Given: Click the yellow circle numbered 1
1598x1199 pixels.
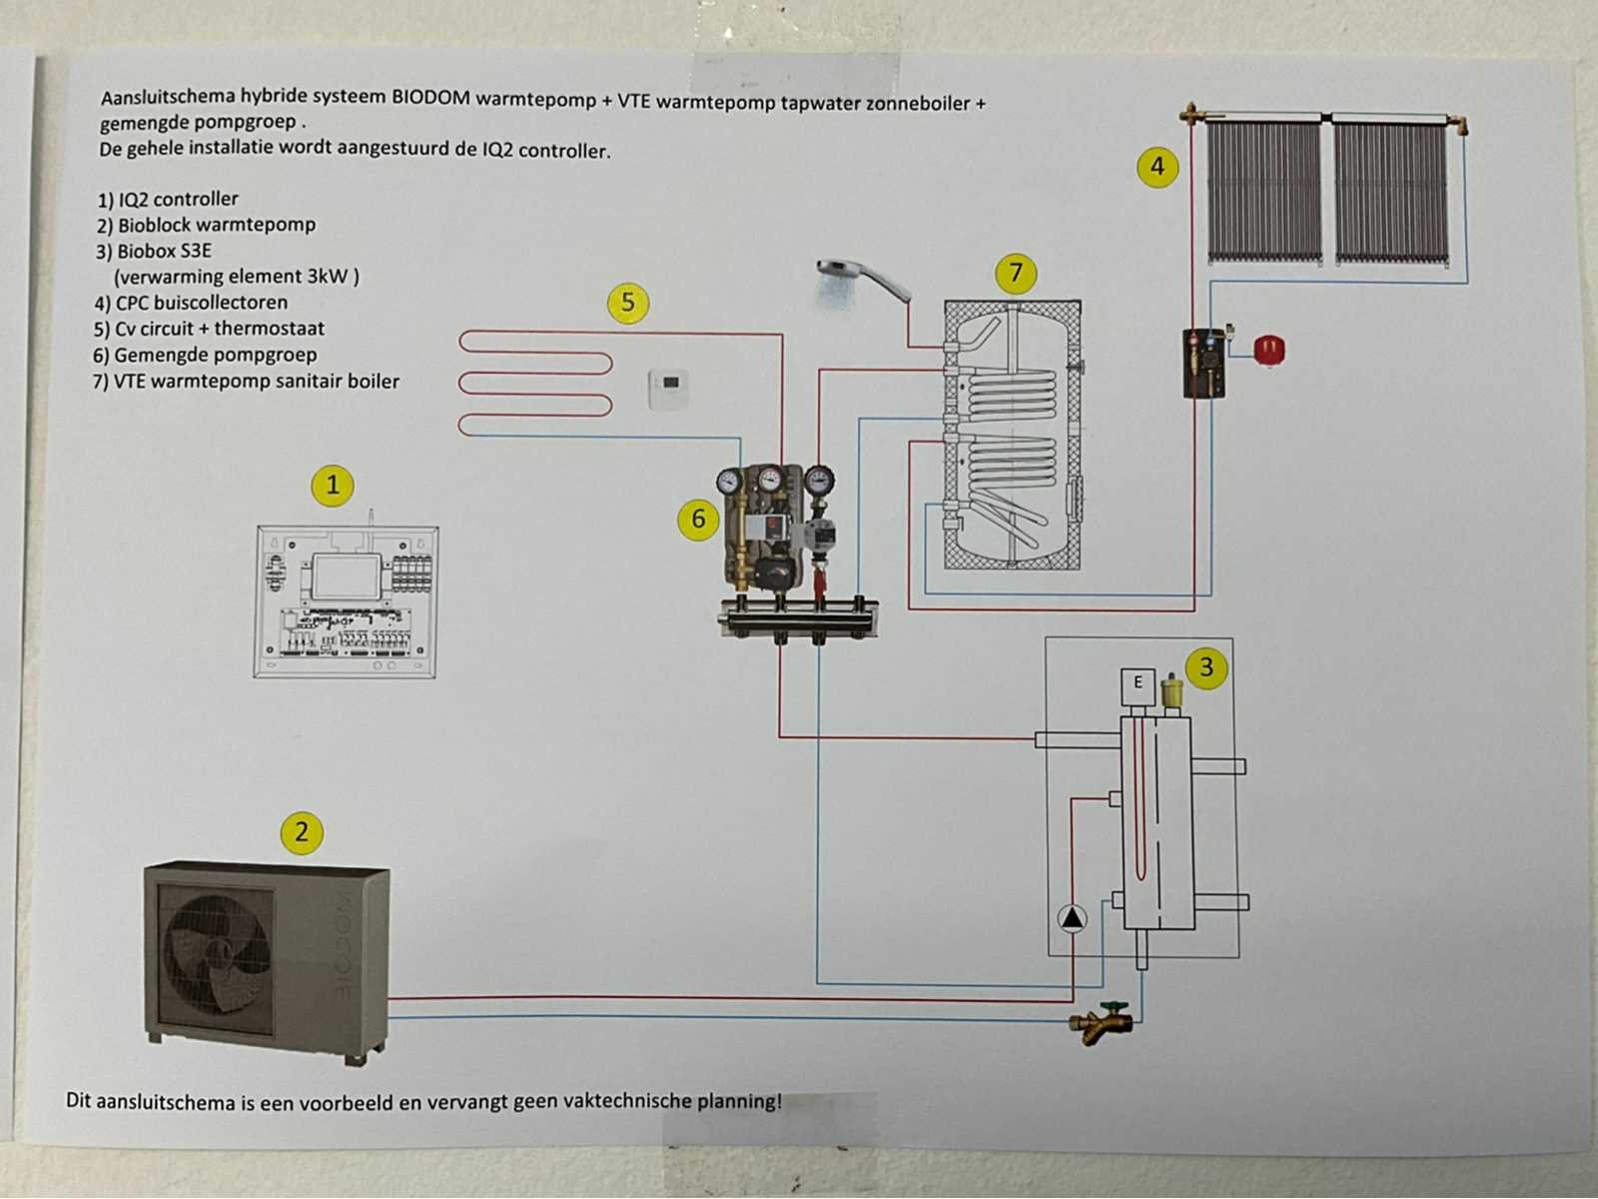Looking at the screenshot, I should (333, 486).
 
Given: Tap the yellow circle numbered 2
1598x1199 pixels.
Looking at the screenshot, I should (302, 832).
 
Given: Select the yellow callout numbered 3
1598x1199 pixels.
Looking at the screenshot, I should (1206, 667).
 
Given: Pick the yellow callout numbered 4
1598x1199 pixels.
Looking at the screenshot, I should (1158, 166).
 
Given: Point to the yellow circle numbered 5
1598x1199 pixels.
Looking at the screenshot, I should (627, 302).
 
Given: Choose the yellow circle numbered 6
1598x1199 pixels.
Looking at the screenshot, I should (698, 520).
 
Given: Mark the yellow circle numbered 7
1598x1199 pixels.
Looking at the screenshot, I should (1016, 273).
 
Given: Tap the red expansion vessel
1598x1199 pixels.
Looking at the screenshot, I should (1269, 351).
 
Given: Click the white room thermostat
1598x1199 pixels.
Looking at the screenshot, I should (668, 389).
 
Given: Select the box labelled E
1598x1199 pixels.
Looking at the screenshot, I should (1138, 683).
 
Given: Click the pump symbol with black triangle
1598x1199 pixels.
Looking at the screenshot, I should (1072, 917).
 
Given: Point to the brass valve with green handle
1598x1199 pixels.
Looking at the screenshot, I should (1102, 1021).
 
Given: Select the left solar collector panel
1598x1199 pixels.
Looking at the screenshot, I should (1265, 191).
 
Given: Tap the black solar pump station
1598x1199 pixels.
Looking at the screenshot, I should (1203, 363).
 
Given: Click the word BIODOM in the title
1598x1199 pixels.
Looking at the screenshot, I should (430, 98).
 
